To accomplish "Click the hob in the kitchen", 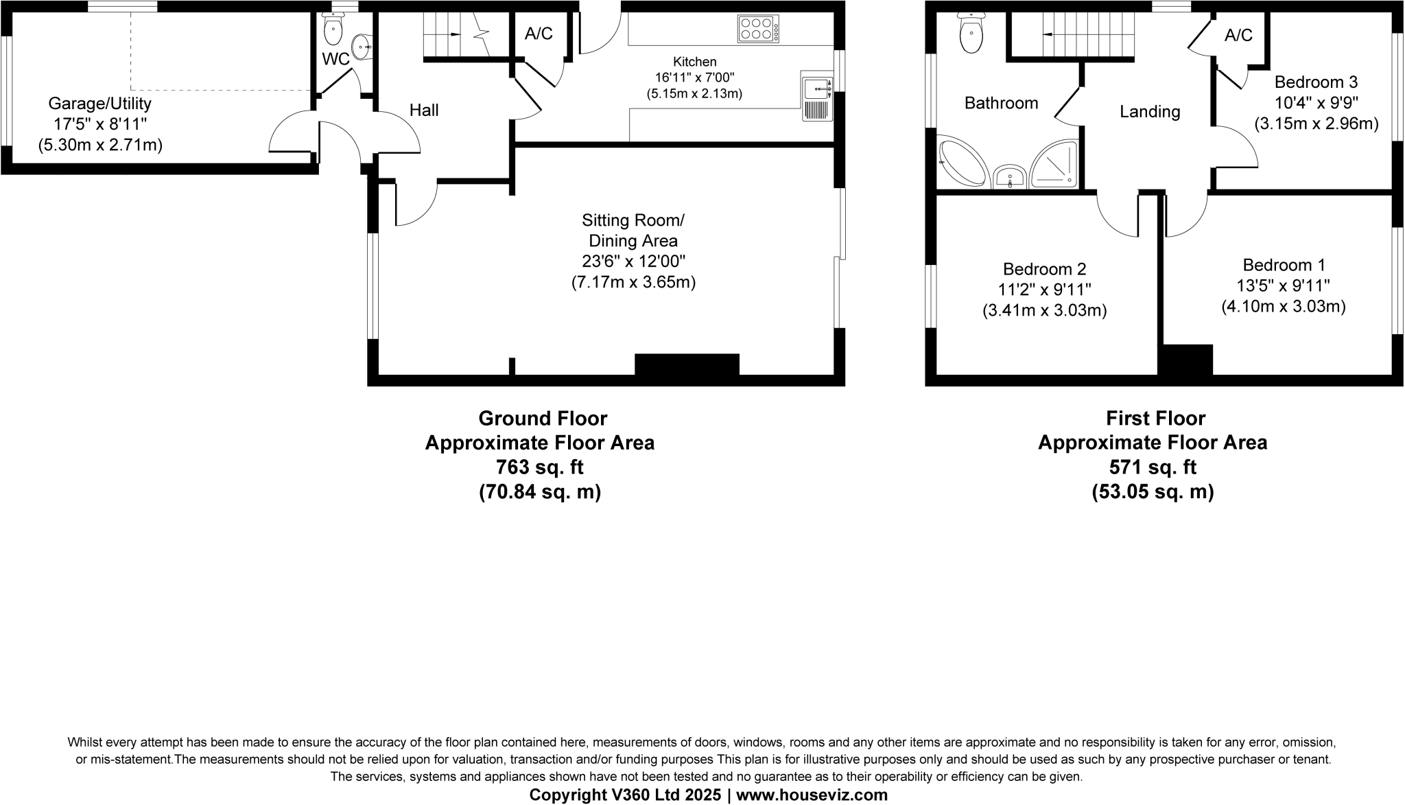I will (758, 29).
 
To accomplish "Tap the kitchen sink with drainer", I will (817, 97).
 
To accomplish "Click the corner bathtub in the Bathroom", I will (961, 163).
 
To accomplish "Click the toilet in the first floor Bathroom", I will (971, 32).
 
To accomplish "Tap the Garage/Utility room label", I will (99, 104).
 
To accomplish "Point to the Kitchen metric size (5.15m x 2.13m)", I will (694, 93).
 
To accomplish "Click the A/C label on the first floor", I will (1238, 36).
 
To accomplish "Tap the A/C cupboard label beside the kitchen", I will (539, 34).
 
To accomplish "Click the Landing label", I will (1150, 112).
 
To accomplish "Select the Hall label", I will (423, 110).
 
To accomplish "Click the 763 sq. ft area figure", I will (539, 467).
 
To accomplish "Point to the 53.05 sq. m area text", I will (1153, 492).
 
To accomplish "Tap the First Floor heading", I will (1155, 418).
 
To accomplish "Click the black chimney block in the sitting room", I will (687, 364).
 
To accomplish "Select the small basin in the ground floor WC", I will (362, 47).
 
